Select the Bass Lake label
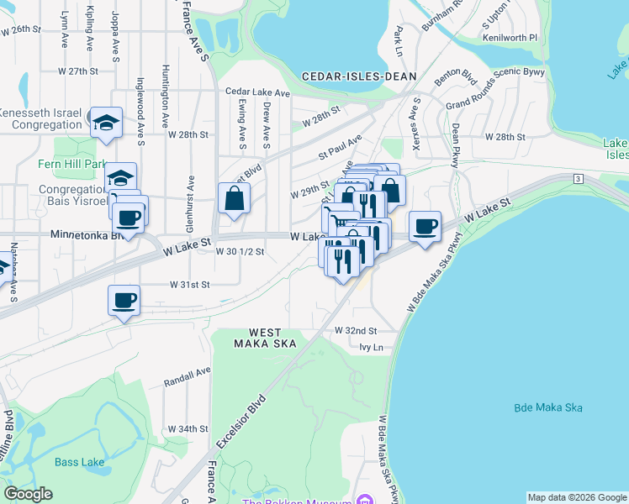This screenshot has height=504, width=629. [79, 462]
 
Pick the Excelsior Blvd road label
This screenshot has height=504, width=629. [241, 423]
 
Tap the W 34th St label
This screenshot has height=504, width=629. [188, 428]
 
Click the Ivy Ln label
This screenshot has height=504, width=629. [370, 347]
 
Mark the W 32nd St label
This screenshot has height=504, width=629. [356, 331]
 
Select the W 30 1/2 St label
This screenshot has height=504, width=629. [240, 251]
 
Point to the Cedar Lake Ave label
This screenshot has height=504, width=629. [257, 92]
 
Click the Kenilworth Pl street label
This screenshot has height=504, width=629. [510, 38]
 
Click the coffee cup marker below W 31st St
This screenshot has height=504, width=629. [124, 300]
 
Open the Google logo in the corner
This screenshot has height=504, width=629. [28, 494]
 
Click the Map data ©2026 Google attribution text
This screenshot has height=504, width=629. [577, 496]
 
